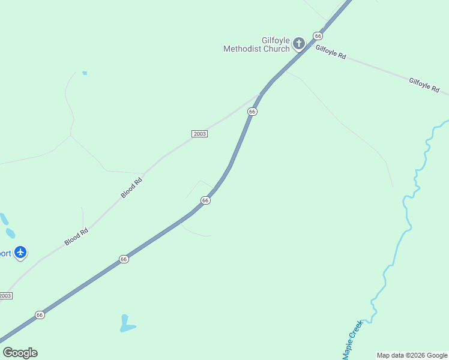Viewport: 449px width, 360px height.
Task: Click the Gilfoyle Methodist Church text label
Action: coord(256,44)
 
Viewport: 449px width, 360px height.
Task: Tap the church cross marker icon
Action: coord(299,43)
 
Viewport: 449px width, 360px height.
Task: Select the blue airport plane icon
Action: coord(21,252)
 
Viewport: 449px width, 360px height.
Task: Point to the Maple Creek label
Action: coord(352,340)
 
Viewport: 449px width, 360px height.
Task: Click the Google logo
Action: coord(20,353)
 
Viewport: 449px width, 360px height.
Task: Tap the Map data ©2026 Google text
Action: coord(412,355)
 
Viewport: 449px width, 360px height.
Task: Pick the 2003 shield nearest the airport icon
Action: coord(5,296)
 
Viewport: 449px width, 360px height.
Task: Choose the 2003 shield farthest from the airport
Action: coord(200,133)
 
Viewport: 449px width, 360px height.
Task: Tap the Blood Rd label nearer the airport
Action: coord(76,236)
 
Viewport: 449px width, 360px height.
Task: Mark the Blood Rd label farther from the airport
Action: coord(131,187)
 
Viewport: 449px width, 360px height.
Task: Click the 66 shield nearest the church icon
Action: coord(318,36)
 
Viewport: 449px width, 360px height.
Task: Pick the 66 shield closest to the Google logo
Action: coord(40,314)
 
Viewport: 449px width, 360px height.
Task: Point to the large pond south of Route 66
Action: coord(126,324)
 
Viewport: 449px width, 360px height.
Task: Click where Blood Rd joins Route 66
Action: coord(261,94)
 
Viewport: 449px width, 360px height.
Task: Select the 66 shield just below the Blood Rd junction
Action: coord(252,112)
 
